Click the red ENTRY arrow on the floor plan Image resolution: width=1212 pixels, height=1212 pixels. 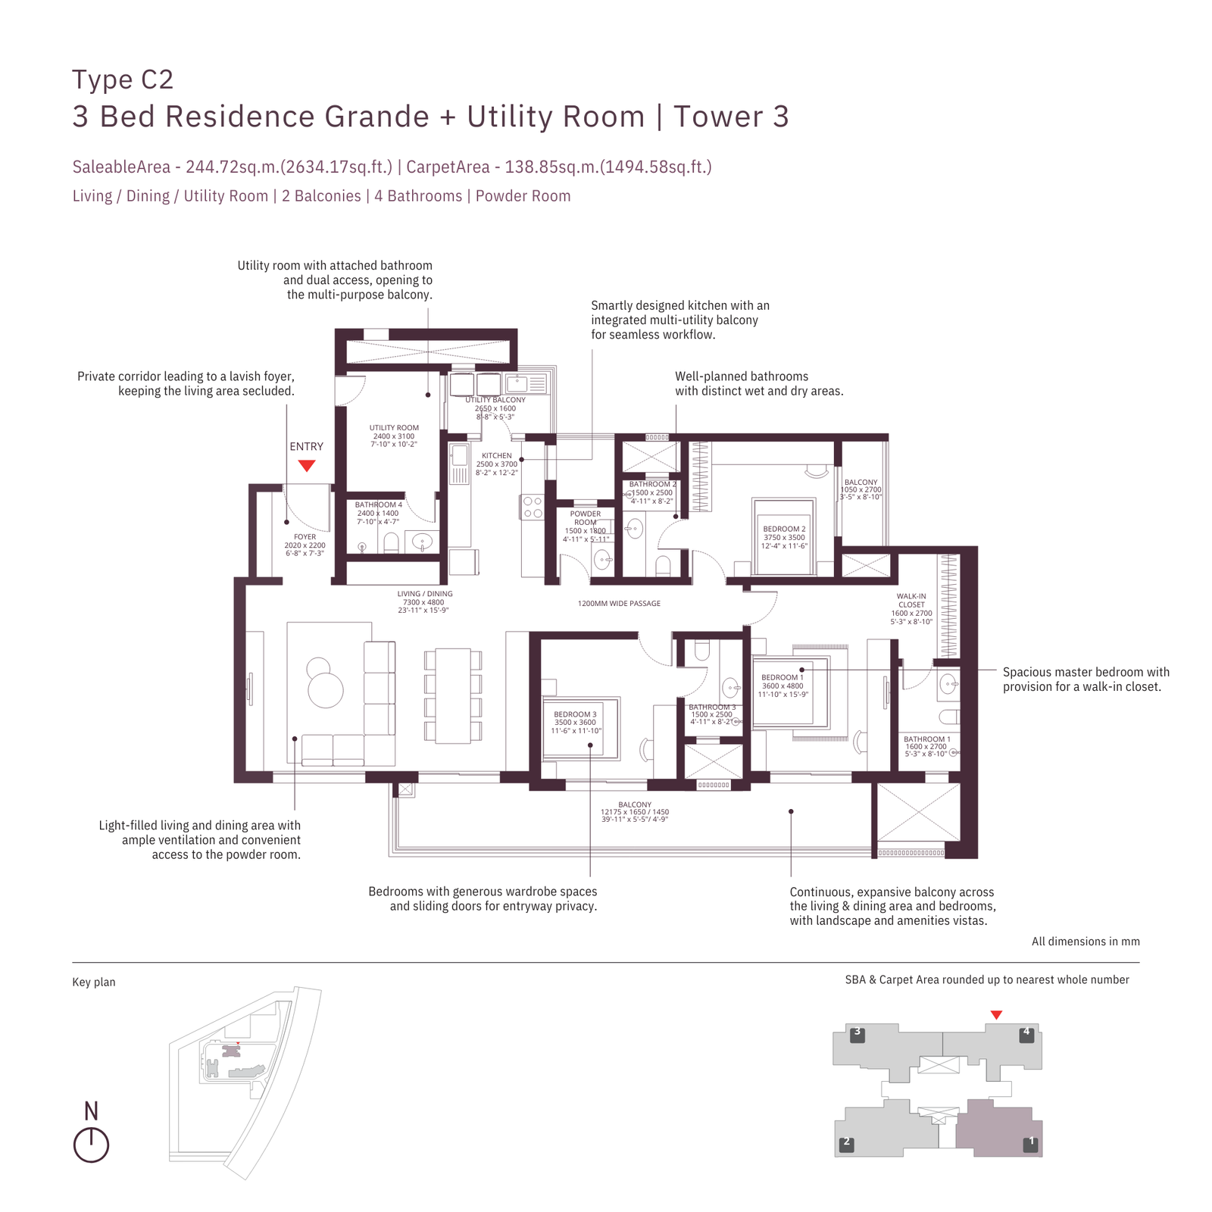pos(306,465)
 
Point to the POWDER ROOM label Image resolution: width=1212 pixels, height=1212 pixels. pos(586,518)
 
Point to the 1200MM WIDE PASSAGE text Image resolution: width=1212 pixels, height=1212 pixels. pos(619,604)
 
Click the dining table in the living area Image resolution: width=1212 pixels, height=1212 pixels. pos(453,695)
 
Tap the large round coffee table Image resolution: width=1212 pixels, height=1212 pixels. pos(326,690)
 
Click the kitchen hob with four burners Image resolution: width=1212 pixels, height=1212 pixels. pos(533,508)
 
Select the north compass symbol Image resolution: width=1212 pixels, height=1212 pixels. pos(91,1144)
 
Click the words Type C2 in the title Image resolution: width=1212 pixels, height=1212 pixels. pos(123,80)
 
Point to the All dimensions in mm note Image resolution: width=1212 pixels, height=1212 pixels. pos(1085,942)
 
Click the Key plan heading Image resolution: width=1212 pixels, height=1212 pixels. pos(94,982)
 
